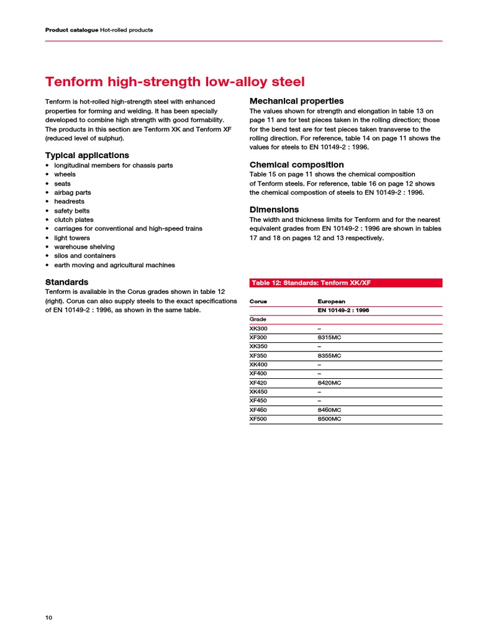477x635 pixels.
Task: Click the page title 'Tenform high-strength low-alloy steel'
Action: click(175, 82)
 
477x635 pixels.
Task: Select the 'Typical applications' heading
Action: click(87, 155)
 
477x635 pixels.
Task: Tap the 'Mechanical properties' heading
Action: click(296, 101)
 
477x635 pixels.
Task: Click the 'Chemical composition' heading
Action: click(296, 165)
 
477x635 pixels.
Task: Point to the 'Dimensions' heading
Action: click(274, 210)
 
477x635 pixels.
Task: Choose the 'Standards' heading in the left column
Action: click(66, 282)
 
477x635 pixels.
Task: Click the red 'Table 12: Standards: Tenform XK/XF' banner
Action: click(345, 283)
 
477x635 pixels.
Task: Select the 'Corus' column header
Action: click(258, 301)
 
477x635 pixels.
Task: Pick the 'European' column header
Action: click(332, 301)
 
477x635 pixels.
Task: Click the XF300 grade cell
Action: click(258, 337)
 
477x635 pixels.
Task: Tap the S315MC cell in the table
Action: click(329, 337)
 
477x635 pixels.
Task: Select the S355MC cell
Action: click(329, 356)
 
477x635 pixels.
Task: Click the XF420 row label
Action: click(258, 383)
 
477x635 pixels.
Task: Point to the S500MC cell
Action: click(329, 419)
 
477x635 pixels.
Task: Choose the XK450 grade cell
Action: click(258, 392)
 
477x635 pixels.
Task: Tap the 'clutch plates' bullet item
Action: click(73, 220)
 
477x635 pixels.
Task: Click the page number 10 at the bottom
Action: click(49, 618)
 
